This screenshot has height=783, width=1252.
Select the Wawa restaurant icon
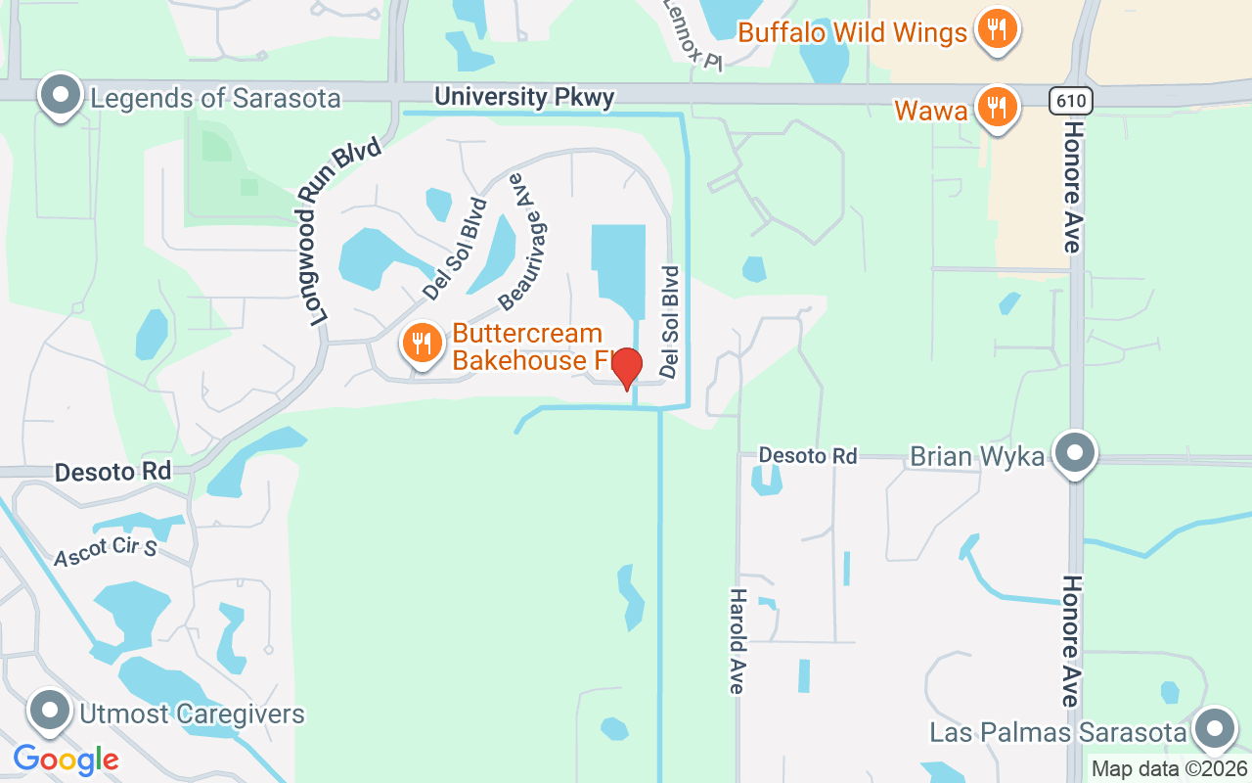995,108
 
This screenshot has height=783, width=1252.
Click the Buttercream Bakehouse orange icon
422,345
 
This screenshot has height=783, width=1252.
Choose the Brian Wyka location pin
1075,454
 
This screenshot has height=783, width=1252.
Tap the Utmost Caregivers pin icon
49,712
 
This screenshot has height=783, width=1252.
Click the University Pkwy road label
524,97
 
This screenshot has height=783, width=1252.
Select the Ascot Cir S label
106,551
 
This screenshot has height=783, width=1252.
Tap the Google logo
66,760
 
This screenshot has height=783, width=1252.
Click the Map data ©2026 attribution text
1170,768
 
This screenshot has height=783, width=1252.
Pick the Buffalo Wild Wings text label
852,32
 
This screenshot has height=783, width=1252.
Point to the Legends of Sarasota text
215,98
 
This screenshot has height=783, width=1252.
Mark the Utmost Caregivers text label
192,714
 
